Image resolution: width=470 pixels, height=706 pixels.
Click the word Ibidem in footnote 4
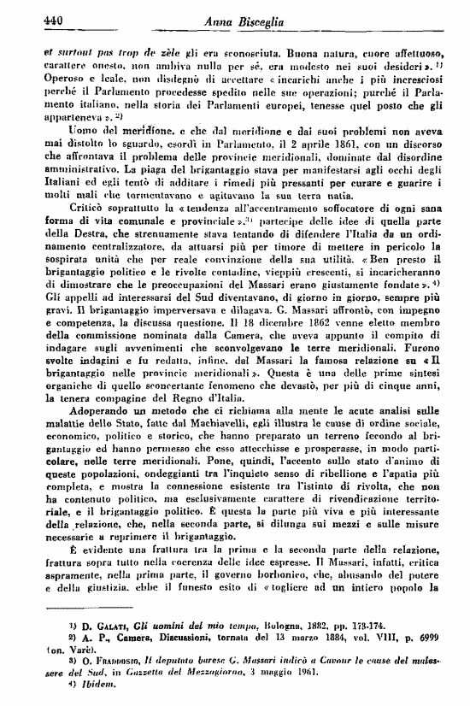[71, 686]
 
